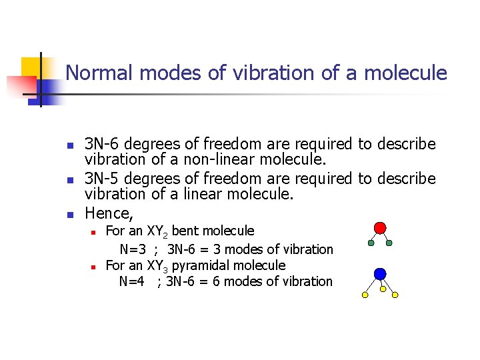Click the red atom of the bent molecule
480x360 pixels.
tap(380, 228)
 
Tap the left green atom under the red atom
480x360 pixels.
tap(371, 243)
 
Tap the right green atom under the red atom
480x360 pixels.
tap(389, 243)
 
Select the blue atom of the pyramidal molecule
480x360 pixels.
tap(380, 274)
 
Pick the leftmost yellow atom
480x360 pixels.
tap(365, 295)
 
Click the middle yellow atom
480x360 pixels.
tap(383, 289)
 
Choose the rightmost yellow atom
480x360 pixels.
tap(395, 295)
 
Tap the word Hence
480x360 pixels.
tap(107, 213)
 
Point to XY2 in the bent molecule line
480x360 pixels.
tap(157, 231)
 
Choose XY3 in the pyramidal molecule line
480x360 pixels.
tap(157, 265)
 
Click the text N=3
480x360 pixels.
tap(134, 249)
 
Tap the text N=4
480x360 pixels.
tap(132, 281)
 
